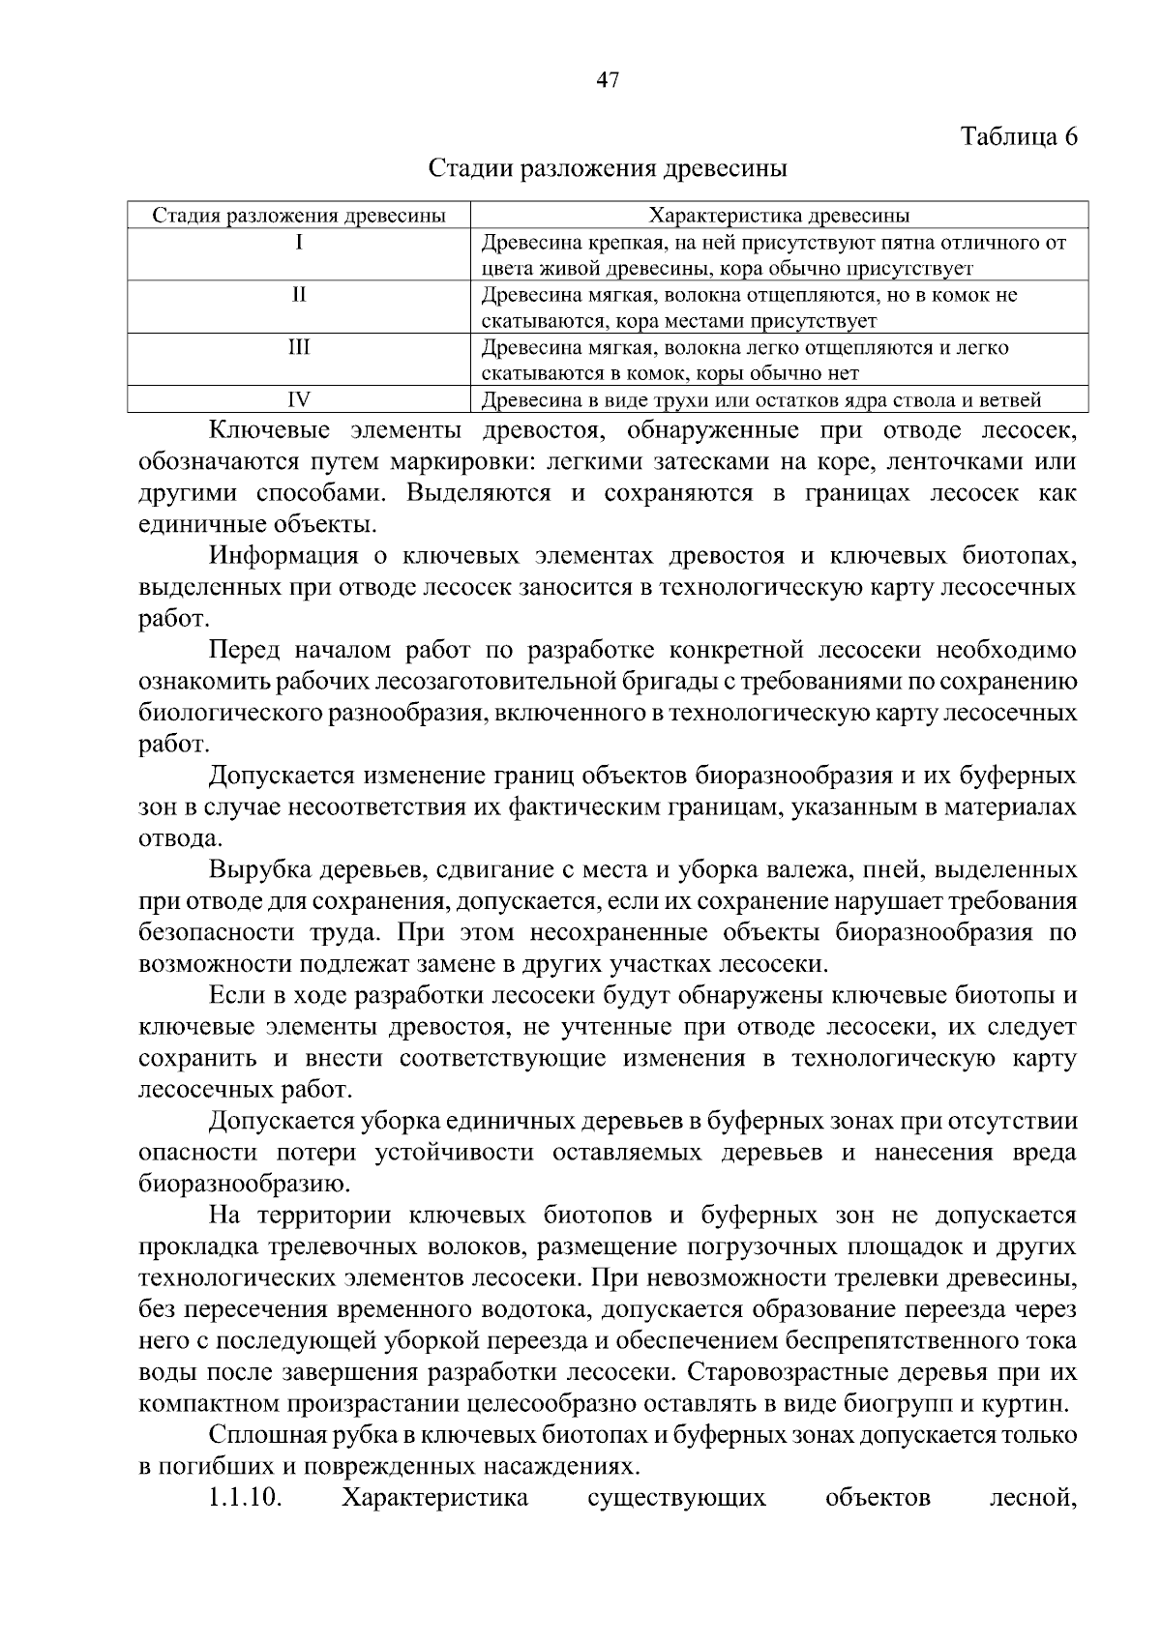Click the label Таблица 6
click(x=1018, y=136)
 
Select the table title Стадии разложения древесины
click(x=608, y=168)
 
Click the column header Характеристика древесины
click(x=779, y=215)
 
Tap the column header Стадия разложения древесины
click(x=300, y=215)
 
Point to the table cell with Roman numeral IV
click(x=300, y=398)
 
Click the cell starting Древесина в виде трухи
click(x=761, y=398)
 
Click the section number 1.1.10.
click(x=245, y=1498)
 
